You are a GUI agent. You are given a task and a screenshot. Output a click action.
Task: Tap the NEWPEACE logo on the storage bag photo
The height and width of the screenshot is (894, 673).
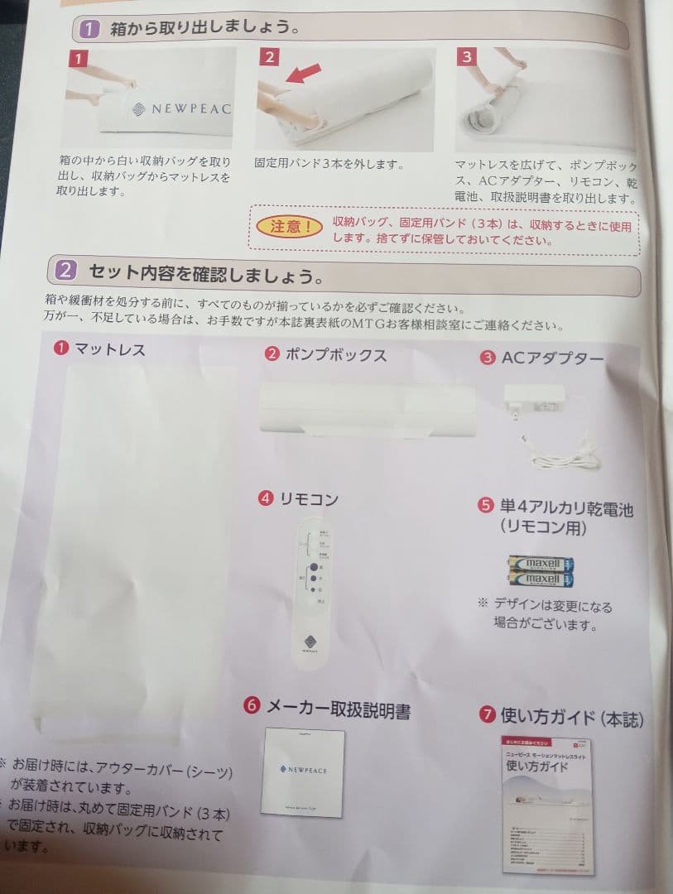coord(181,108)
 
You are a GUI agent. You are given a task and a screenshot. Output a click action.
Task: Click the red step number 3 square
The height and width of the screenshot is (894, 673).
coord(467,56)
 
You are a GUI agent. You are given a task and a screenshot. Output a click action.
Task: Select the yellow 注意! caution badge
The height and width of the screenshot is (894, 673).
coord(289,226)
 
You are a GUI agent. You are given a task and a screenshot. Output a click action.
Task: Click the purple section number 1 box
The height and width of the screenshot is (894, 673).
coord(89,29)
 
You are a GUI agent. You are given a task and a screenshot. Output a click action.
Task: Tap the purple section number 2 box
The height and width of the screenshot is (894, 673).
coord(67,270)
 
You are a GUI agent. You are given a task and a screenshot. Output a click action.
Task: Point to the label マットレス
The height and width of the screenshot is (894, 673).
coord(109,349)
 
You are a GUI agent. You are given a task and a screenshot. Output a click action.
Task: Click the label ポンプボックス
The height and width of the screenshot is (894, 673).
coord(335,355)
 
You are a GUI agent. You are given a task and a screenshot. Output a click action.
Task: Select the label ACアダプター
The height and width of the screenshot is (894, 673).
coord(552,358)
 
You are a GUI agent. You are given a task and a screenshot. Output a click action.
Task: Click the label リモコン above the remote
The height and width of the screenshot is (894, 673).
coord(309,498)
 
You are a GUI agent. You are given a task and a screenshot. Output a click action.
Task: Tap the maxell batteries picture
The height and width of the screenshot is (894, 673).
coord(542,571)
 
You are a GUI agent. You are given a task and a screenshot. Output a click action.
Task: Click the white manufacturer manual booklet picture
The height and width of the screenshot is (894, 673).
coord(304,772)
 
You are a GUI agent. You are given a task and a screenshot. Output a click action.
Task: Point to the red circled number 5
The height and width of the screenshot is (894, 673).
coord(487,506)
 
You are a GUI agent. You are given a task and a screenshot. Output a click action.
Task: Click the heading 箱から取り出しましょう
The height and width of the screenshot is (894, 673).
coord(204,28)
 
